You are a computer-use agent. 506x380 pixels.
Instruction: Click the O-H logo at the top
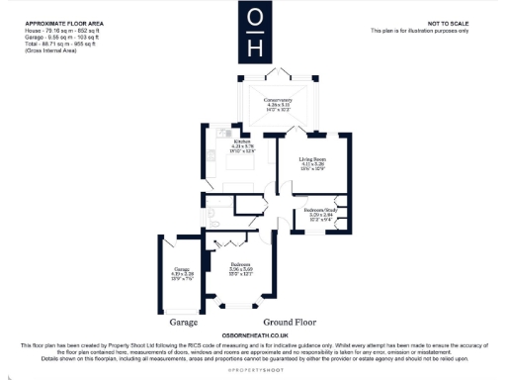[255, 32]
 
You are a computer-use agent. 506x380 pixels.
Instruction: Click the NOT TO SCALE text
[447, 22]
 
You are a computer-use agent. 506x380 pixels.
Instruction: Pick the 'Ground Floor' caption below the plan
[289, 323]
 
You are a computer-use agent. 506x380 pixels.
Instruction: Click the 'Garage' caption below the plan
[183, 323]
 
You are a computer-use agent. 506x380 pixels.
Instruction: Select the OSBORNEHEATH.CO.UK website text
[255, 335]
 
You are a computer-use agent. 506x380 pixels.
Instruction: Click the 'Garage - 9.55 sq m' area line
[62, 37]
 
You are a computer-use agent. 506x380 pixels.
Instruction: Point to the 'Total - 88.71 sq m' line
[61, 44]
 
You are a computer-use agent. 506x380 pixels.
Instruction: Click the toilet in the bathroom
[214, 211]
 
